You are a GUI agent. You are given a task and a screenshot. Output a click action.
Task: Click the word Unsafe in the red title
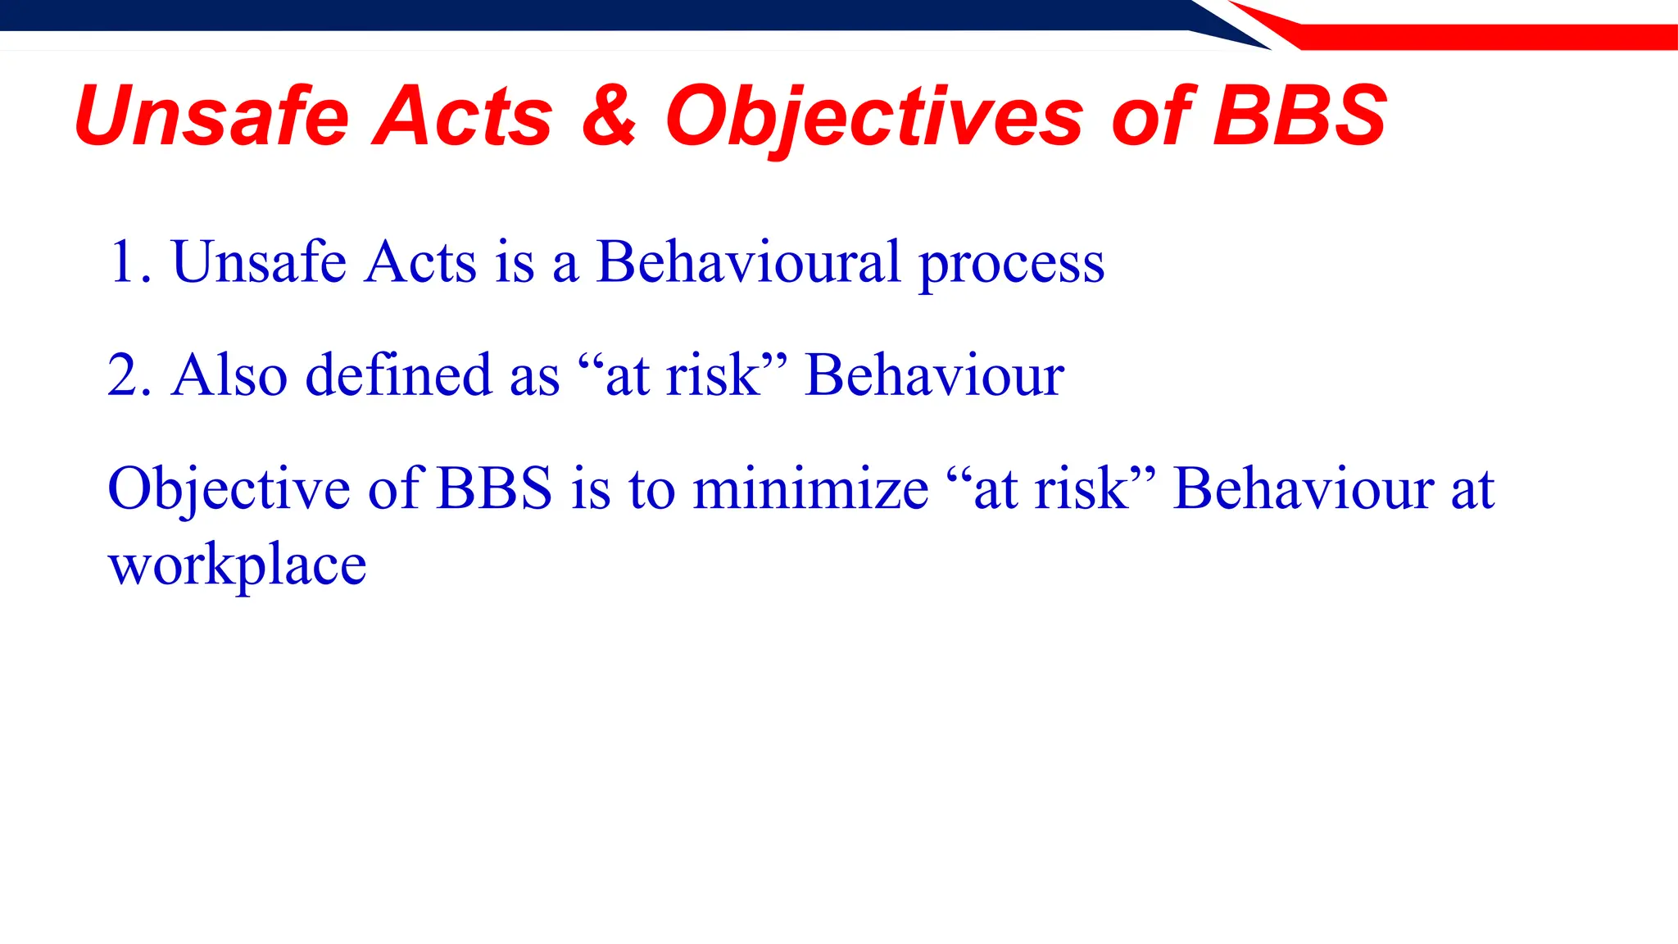pyautogui.click(x=211, y=117)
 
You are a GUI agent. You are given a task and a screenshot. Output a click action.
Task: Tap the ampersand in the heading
pyautogui.click(x=609, y=117)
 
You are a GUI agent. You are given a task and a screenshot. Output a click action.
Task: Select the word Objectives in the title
pyautogui.click(x=874, y=117)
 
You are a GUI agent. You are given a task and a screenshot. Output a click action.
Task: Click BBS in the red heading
pyautogui.click(x=1299, y=117)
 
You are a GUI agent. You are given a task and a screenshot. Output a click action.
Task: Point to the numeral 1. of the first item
pyautogui.click(x=129, y=262)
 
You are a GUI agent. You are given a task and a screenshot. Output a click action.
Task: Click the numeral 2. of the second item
pyautogui.click(x=129, y=375)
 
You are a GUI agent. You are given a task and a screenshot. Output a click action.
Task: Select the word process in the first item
pyautogui.click(x=1011, y=264)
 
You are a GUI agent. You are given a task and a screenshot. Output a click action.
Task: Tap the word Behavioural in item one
pyautogui.click(x=748, y=262)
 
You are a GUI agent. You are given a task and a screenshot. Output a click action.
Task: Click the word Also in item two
pyautogui.click(x=229, y=375)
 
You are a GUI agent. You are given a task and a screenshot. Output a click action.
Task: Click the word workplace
pyautogui.click(x=237, y=565)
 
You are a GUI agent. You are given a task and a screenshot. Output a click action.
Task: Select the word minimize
pyautogui.click(x=810, y=489)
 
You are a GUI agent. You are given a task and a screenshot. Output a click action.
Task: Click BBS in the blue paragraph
pyautogui.click(x=495, y=489)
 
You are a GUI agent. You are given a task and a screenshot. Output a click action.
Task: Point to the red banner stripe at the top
pyautogui.click(x=1475, y=37)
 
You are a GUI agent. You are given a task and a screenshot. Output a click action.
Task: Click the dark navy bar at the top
pyautogui.click(x=574, y=15)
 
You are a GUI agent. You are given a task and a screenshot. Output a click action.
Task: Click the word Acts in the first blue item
pyautogui.click(x=420, y=262)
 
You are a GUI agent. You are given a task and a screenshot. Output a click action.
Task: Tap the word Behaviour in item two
pyautogui.click(x=934, y=375)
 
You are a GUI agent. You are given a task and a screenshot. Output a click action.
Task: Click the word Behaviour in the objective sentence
pyautogui.click(x=1303, y=489)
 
